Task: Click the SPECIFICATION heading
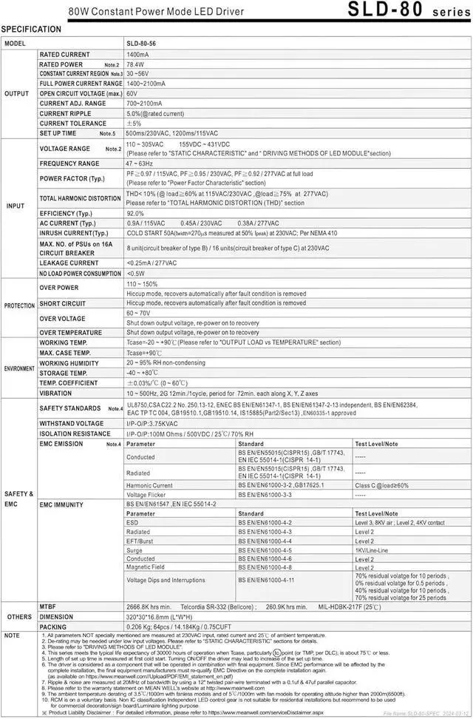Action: pyautogui.click(x=32, y=29)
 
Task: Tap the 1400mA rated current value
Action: pyautogui.click(x=137, y=55)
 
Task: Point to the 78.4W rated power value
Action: pyautogui.click(x=135, y=64)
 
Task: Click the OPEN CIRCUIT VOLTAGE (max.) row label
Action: pyautogui.click(x=81, y=94)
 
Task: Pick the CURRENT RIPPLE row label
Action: pyautogui.click(x=65, y=113)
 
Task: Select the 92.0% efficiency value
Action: pyautogui.click(x=135, y=213)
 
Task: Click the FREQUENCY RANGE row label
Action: pyautogui.click(x=69, y=163)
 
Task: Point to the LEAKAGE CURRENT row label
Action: pyautogui.click(x=69, y=263)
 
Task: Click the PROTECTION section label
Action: pyautogui.click(x=19, y=306)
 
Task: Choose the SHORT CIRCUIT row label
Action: pyautogui.click(x=63, y=303)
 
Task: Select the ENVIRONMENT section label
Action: pyautogui.click(x=19, y=368)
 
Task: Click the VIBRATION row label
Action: pyautogui.click(x=56, y=394)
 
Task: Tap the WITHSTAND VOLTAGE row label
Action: pyautogui.click(x=72, y=423)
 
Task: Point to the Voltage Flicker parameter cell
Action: pyautogui.click(x=146, y=494)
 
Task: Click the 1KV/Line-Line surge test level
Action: pyautogui.click(x=372, y=551)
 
